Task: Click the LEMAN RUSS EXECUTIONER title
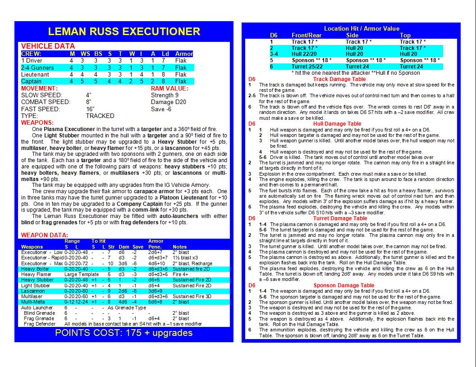124,32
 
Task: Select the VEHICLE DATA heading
48,46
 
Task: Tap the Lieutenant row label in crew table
35,74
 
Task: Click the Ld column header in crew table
165,54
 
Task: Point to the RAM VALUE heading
169,88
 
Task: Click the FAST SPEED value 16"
90,109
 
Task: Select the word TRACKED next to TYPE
100,116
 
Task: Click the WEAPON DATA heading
45,235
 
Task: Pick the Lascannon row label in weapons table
33,291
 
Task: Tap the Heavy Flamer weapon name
37,274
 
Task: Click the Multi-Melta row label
33,302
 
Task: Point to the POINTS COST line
124,333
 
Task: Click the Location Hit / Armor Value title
362,28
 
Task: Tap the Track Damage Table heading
339,79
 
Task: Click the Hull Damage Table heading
336,124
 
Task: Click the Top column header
405,35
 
